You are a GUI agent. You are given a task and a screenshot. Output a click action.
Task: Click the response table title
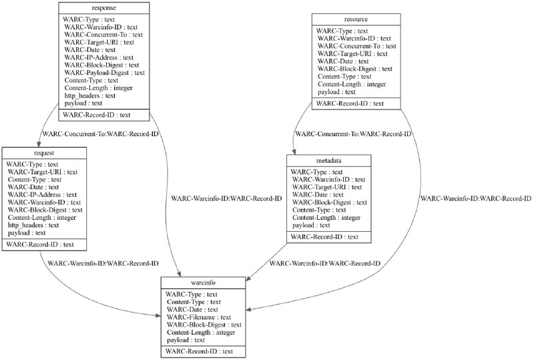[104, 8]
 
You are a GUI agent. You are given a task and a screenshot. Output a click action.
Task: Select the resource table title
[356, 19]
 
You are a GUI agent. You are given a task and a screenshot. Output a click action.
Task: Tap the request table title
[44, 153]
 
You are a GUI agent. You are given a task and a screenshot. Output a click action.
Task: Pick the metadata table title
[328, 160]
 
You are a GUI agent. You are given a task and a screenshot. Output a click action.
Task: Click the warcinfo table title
[203, 283]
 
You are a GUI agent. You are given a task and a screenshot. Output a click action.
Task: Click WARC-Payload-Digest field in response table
[105, 73]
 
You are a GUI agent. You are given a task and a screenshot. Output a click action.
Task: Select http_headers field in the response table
[90, 96]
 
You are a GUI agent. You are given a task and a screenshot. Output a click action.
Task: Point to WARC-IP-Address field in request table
[42, 194]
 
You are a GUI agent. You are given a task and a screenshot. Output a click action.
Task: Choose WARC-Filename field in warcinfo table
[199, 317]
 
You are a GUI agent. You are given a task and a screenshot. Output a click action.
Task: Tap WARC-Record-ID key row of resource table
[350, 104]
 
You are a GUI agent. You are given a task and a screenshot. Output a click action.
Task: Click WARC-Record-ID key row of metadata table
[324, 236]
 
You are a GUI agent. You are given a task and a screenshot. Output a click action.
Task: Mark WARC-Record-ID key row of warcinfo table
[199, 351]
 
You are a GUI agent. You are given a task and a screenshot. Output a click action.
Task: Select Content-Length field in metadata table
[326, 218]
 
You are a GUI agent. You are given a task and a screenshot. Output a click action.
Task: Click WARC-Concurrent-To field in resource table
[357, 46]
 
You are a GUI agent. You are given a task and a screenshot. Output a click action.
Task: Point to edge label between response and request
[100, 134]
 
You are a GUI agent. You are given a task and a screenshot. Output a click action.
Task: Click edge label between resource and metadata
[353, 134]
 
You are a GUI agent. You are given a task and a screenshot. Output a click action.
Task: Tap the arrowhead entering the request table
[39, 144]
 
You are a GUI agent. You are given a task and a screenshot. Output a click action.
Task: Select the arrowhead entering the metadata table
[294, 152]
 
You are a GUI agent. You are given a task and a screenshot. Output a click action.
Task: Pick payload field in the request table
[27, 233]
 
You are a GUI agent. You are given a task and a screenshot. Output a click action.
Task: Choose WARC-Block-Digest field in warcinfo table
[204, 325]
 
